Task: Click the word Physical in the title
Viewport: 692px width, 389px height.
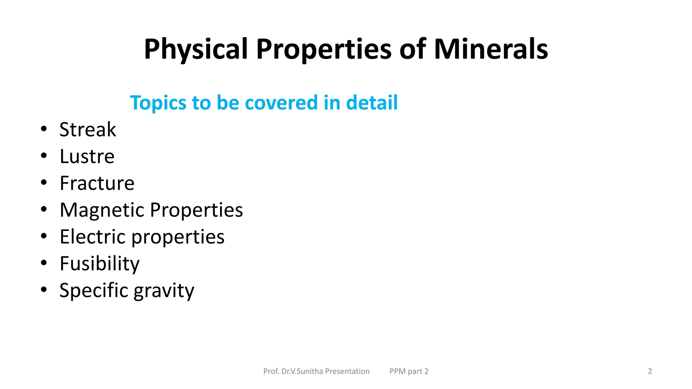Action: coord(196,50)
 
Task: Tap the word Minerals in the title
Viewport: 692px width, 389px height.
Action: coord(491,50)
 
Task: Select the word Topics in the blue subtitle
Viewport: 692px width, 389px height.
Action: coord(158,103)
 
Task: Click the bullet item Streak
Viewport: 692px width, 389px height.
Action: coord(88,129)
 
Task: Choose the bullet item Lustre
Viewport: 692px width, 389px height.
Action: coord(87,156)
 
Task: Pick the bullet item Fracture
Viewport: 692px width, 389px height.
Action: coord(97,183)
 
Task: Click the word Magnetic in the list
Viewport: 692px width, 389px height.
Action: coord(102,210)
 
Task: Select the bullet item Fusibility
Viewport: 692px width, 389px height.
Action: coord(99,264)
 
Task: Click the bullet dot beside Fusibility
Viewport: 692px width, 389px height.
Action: coord(44,263)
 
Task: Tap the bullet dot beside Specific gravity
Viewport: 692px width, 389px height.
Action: coord(44,289)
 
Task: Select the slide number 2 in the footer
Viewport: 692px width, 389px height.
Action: coord(650,371)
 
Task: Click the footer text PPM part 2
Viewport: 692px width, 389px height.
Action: coord(409,371)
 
